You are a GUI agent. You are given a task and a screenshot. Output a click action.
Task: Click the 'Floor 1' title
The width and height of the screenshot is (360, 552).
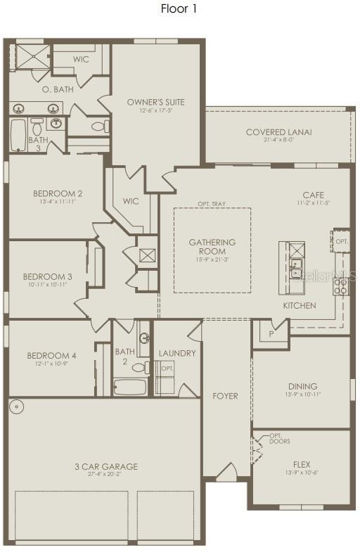pos(179,9)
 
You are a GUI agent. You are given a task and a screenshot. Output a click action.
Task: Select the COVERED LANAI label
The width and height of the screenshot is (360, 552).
pos(278,132)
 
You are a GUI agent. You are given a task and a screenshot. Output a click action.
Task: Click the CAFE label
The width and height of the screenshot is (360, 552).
pos(313,195)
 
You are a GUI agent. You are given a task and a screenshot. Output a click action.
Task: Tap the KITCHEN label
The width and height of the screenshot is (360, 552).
pos(299,306)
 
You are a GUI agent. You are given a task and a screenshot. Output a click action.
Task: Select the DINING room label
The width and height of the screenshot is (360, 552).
pos(302,386)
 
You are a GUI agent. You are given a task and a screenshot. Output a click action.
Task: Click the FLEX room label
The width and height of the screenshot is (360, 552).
pos(302,465)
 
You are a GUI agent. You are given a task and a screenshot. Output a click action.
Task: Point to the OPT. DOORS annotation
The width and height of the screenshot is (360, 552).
pos(279,438)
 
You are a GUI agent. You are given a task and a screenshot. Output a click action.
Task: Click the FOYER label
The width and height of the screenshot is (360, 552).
pos(225,396)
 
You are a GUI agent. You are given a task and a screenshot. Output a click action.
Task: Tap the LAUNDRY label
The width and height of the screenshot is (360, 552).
pos(176,353)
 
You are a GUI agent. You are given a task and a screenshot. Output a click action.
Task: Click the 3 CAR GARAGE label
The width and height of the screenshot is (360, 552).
pos(107,466)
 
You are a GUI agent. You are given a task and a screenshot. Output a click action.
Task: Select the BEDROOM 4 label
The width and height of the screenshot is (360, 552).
pos(51,356)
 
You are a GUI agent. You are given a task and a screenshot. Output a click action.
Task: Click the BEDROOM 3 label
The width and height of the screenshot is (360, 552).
pos(47,276)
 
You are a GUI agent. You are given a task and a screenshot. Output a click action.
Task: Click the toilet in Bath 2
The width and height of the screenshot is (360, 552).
pos(139,367)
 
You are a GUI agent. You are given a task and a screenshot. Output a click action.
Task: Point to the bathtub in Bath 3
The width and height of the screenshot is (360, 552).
pos(18,136)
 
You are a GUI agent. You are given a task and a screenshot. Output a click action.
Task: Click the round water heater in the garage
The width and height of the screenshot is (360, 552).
pos(17,407)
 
